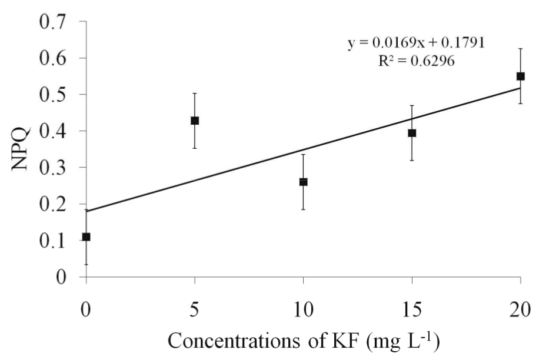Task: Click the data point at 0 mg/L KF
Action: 86,236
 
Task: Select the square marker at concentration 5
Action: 195,121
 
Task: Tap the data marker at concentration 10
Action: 304,182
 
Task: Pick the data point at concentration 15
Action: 412,133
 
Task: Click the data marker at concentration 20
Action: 520,76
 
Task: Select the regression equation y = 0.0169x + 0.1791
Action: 415,44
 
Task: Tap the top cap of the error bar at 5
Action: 195,93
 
